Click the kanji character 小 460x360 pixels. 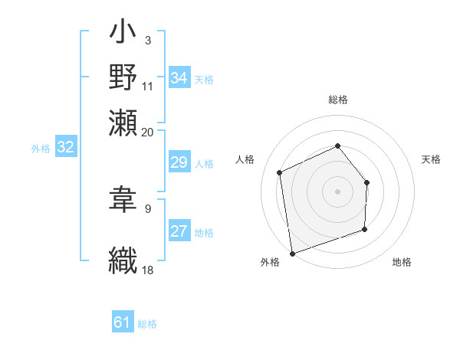pyautogui.click(x=123, y=34)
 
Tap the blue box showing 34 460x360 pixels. pyautogui.click(x=179, y=78)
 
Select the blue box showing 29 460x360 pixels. pyautogui.click(x=179, y=162)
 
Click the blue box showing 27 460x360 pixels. pyautogui.click(x=179, y=232)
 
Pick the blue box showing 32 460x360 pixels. pyautogui.click(x=66, y=148)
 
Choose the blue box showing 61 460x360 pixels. pyautogui.click(x=123, y=322)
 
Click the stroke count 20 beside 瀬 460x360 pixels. pyautogui.click(x=148, y=132)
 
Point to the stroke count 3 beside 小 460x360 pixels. pyautogui.click(x=148, y=38)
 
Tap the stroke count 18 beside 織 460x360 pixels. pyautogui.click(x=148, y=269)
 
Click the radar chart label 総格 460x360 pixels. pyautogui.click(x=338, y=100)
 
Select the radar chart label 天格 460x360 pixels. pyautogui.click(x=431, y=159)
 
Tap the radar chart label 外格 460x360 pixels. pyautogui.click(x=270, y=263)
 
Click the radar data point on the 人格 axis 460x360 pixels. pyautogui.click(x=280, y=172)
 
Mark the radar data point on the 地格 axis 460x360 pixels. pyautogui.click(x=365, y=229)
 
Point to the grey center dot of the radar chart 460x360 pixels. pyautogui.click(x=337, y=191)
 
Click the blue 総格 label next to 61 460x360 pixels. pyautogui.click(x=147, y=324)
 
